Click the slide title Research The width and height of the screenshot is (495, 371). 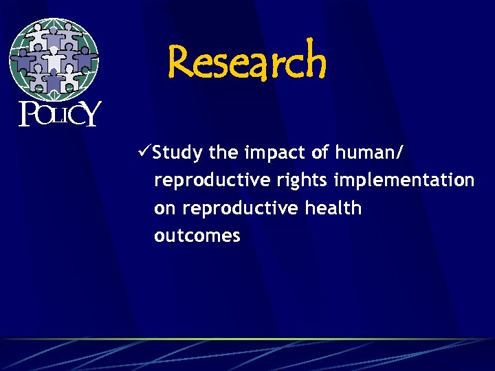247,60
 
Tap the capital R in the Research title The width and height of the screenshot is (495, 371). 182,60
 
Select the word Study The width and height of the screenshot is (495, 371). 177,153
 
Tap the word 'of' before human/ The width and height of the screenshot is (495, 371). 320,153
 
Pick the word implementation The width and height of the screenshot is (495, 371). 404,180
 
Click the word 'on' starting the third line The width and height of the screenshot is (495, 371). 164,208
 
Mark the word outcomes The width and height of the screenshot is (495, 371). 197,236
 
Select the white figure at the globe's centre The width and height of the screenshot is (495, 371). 54,59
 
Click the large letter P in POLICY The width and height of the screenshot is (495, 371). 27,115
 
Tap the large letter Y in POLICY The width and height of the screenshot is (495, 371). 90,115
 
